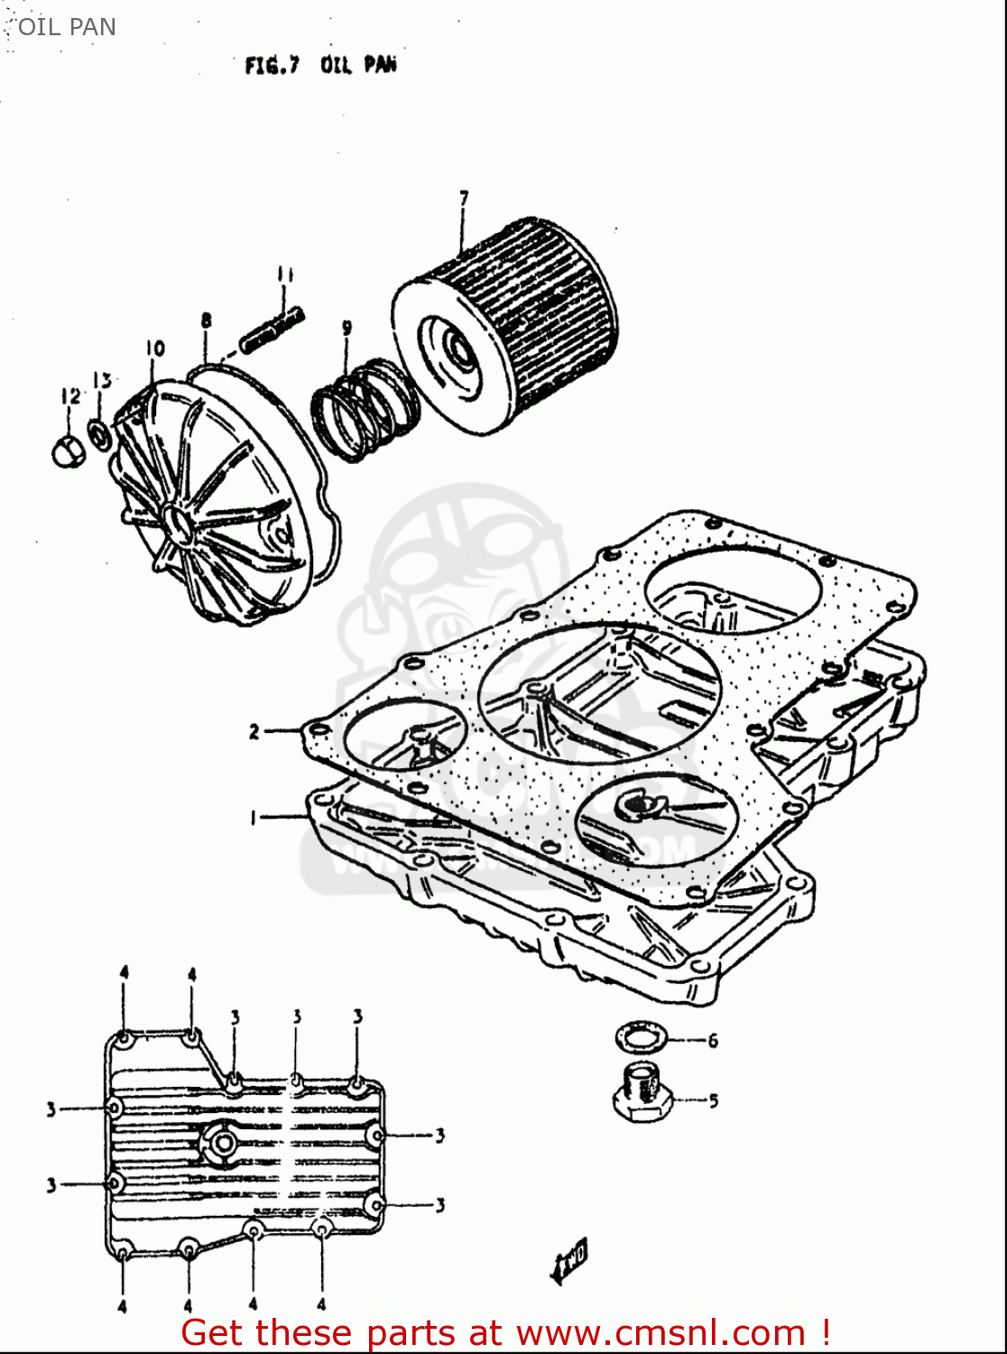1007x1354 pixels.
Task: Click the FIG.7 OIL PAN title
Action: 320,65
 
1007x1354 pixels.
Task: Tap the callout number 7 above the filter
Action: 464,198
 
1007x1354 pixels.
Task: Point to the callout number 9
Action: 346,329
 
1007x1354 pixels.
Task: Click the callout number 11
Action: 285,274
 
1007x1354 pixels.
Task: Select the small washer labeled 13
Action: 100,433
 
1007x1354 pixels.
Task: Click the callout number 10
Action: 154,348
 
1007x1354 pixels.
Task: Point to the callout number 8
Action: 207,320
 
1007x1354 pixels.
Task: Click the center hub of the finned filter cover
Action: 176,524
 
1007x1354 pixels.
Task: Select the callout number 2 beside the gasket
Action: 254,731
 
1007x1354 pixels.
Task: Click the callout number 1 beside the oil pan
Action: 254,818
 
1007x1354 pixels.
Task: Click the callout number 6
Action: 713,1041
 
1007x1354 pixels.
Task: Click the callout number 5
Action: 713,1101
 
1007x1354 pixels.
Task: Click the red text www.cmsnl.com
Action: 661,1332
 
